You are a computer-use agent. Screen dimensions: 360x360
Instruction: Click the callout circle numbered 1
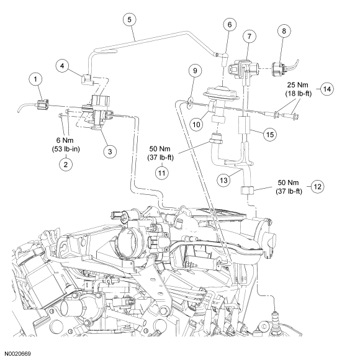[x=35, y=79]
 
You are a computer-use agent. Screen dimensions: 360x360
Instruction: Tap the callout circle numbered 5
[x=130, y=19]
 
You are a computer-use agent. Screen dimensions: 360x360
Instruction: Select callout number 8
[x=284, y=31]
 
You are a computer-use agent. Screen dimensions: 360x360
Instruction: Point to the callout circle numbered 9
[x=195, y=71]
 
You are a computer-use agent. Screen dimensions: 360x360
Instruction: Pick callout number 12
[x=318, y=186]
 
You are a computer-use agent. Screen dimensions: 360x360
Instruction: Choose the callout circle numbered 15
[x=270, y=134]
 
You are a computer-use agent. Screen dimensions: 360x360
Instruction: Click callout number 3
[x=110, y=151]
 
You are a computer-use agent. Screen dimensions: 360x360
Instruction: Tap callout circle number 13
[x=223, y=180]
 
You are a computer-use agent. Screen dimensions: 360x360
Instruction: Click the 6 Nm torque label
[x=65, y=140]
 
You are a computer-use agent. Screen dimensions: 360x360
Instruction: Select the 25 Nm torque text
[x=297, y=85]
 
